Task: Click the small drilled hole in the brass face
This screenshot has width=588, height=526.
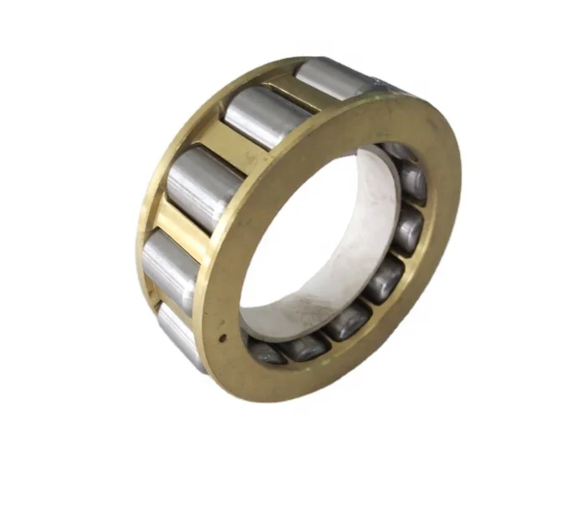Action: pos(224,340)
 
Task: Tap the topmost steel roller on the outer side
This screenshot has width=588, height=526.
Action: pos(330,77)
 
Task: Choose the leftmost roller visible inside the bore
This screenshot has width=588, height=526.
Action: pos(265,352)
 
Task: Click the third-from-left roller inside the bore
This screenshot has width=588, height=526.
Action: pos(346,321)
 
